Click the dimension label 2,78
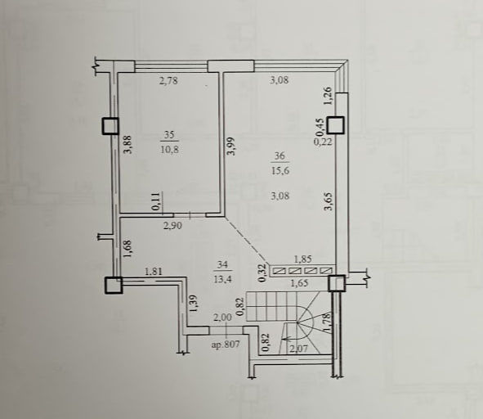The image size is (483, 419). [x=169, y=82]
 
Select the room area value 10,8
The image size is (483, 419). [x=169, y=150]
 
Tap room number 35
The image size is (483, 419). [x=169, y=135]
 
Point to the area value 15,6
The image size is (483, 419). [x=280, y=170]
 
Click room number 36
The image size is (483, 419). [x=280, y=155]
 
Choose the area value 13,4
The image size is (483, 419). [x=222, y=279]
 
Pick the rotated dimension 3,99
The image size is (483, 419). [x=233, y=146]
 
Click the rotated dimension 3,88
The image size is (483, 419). [x=128, y=144]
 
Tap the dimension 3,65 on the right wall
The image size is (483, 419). [x=329, y=201]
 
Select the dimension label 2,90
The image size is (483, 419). [x=172, y=226]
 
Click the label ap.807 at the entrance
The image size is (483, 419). [x=226, y=344]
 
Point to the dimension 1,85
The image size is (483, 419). [x=303, y=259]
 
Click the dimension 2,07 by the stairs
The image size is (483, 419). [x=297, y=349]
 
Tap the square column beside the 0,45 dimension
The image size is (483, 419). [x=335, y=125]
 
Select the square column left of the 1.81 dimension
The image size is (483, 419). [x=114, y=285]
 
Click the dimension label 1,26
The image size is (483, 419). [x=328, y=96]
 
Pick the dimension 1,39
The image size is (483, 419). [x=193, y=304]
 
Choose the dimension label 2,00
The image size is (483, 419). [x=223, y=318]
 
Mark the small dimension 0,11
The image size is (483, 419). [x=156, y=202]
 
